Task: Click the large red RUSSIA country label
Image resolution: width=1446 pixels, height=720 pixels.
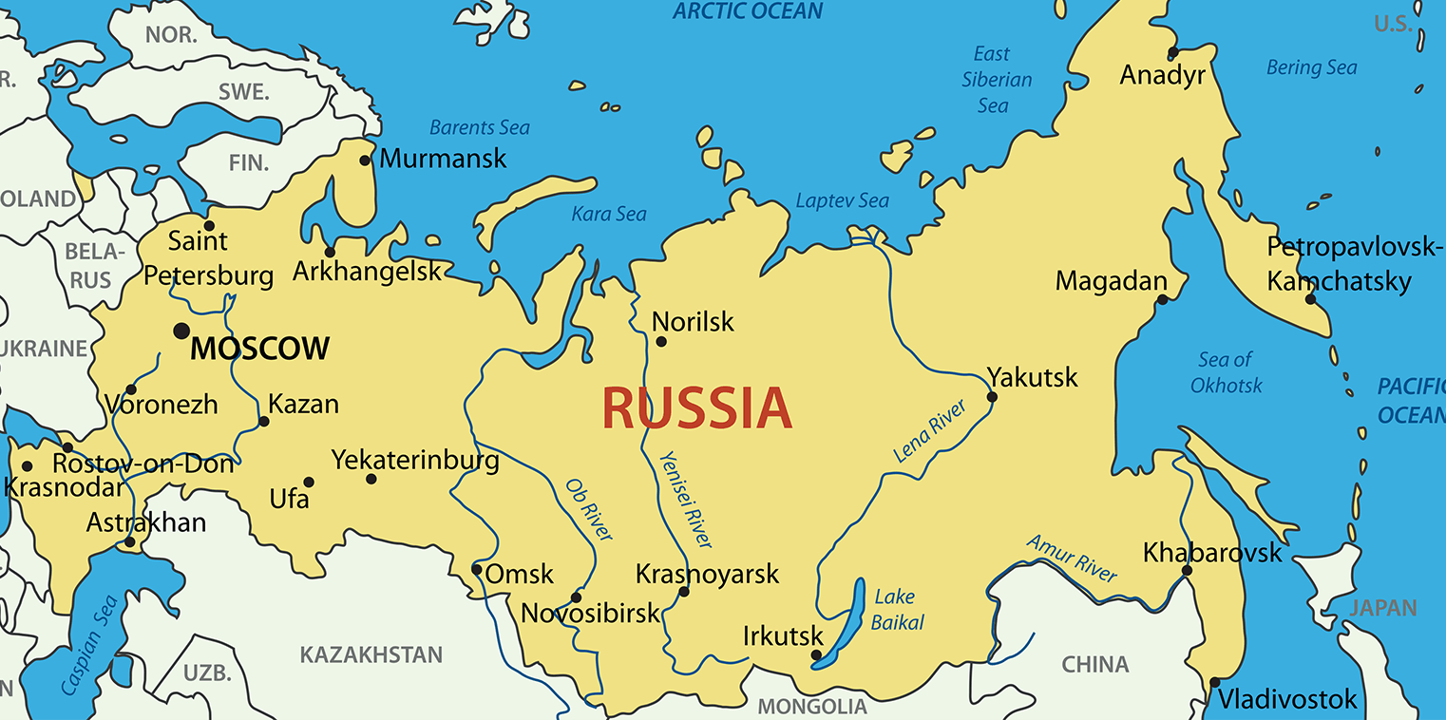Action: click(x=696, y=408)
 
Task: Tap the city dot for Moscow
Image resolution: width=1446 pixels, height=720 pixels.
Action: click(x=181, y=331)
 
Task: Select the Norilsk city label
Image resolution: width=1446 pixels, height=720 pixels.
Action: click(x=694, y=322)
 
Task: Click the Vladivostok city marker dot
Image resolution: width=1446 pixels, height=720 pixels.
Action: click(x=1214, y=682)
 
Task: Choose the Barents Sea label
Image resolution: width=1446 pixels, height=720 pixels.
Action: click(x=479, y=127)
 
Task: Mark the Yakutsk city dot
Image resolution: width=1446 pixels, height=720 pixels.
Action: click(x=992, y=396)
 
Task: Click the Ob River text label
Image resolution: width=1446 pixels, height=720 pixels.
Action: click(x=589, y=509)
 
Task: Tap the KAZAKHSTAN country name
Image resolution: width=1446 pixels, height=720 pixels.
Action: click(x=371, y=654)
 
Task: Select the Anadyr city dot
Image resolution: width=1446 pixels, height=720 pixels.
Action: click(x=1173, y=52)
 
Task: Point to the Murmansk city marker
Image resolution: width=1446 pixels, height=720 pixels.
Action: click(x=365, y=160)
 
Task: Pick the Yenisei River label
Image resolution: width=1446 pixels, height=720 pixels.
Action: click(x=685, y=499)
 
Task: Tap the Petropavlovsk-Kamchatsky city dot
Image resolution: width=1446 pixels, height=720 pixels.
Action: click(x=1310, y=299)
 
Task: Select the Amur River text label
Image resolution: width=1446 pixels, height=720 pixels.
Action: click(x=1072, y=558)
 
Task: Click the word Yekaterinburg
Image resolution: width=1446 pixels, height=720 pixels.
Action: click(x=415, y=461)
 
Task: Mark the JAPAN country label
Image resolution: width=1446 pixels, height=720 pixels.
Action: click(x=1383, y=608)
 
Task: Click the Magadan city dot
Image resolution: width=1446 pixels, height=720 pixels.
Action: click(x=1162, y=300)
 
